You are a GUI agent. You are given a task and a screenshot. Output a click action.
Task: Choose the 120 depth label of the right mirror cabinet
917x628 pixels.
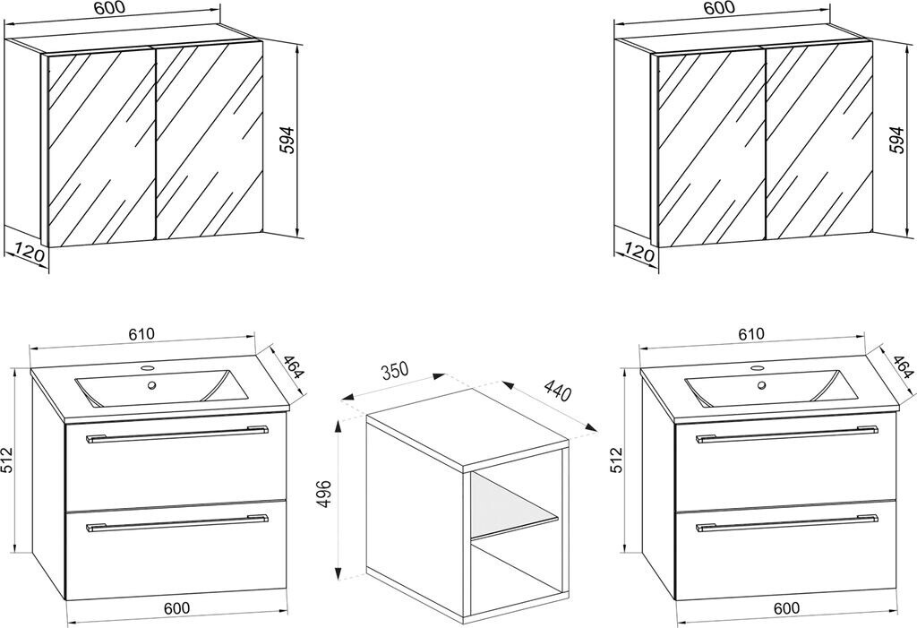point(638,254)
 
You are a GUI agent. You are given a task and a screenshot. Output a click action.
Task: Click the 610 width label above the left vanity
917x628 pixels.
point(141,335)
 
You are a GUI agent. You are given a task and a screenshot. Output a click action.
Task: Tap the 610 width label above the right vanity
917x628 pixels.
point(750,335)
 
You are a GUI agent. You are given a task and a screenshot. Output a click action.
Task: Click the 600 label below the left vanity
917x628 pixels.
point(176,607)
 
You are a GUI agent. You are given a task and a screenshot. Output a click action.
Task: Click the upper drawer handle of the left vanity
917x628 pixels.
point(176,435)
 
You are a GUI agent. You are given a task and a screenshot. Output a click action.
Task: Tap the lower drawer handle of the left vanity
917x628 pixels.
point(176,523)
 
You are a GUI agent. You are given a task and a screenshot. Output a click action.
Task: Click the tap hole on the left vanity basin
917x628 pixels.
point(152,385)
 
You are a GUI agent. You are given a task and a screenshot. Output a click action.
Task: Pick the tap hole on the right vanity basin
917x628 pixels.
point(762,385)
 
